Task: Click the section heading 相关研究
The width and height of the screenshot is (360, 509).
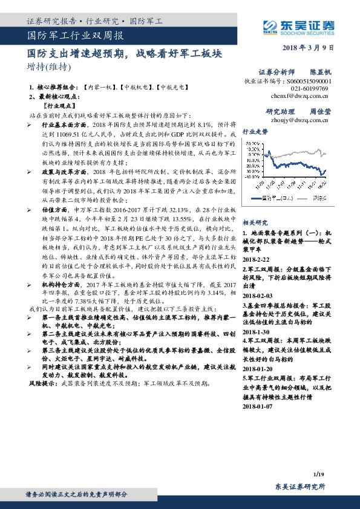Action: [255, 223]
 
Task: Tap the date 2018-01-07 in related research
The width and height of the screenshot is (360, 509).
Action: [258, 407]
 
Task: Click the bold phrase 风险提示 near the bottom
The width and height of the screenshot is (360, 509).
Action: [43, 383]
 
